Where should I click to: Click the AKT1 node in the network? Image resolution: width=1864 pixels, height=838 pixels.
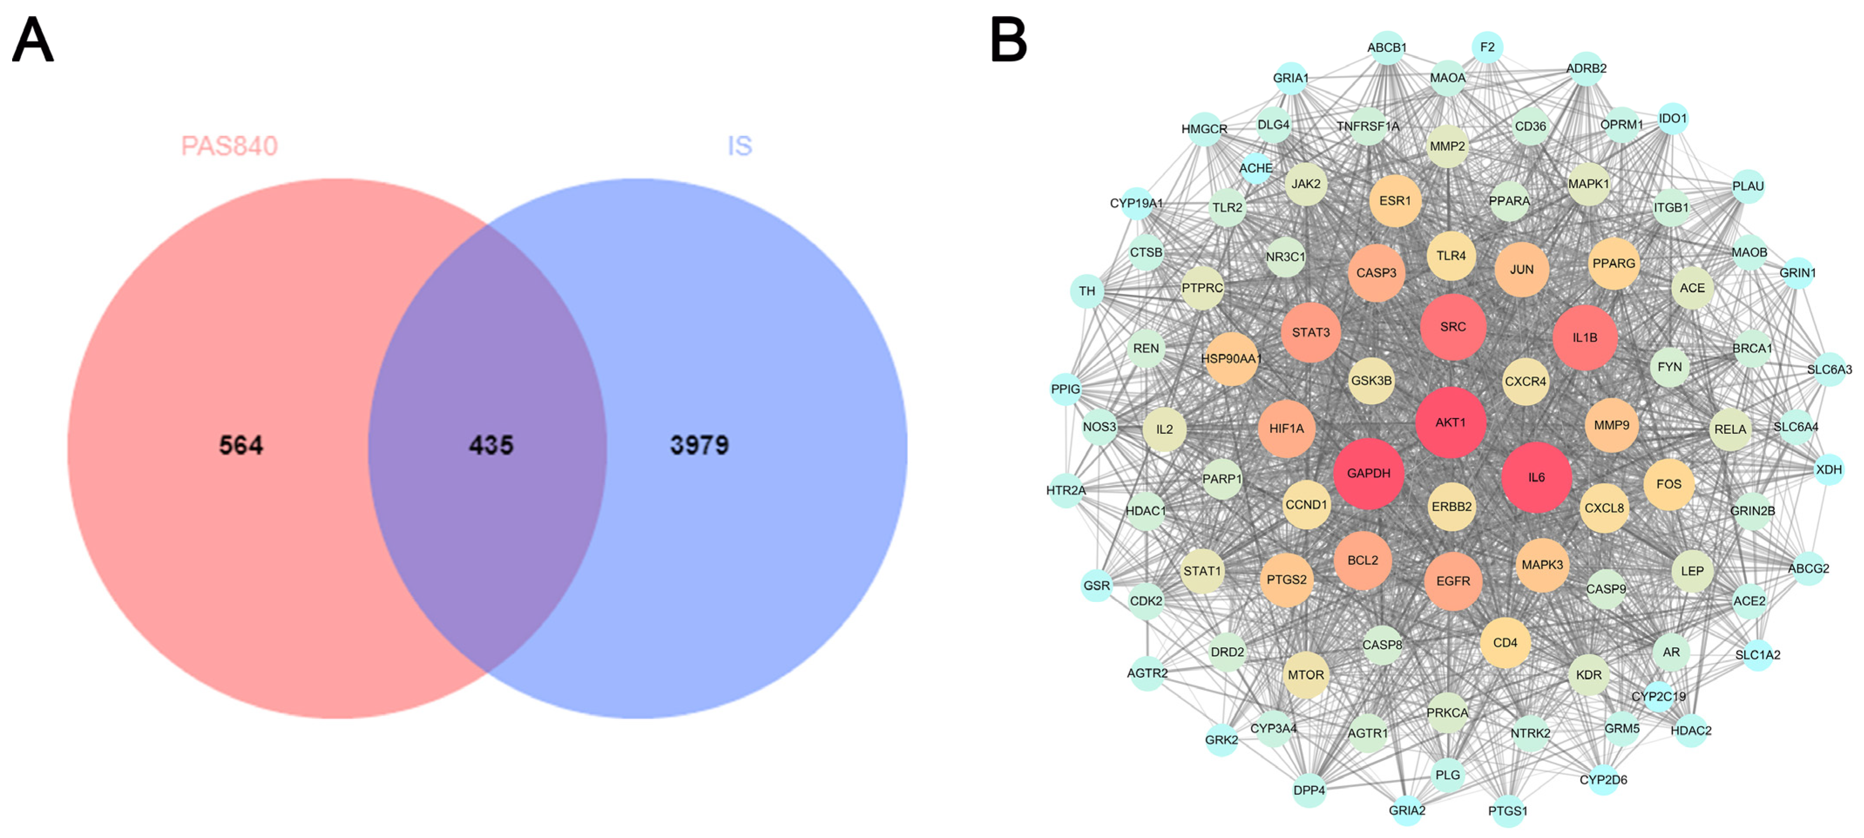(x=1450, y=422)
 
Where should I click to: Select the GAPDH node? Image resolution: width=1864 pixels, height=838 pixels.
(x=1368, y=473)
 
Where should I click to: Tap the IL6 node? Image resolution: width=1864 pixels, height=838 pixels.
(x=1536, y=478)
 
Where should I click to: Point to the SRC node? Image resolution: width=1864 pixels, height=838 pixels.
(x=1452, y=327)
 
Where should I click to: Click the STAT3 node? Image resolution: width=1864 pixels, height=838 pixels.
(x=1310, y=333)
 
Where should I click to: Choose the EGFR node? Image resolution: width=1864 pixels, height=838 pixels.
(x=1453, y=581)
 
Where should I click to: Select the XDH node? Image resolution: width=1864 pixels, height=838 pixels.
(x=1829, y=470)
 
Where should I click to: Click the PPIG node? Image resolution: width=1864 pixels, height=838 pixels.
(x=1065, y=389)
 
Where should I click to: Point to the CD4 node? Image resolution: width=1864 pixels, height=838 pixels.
(x=1505, y=642)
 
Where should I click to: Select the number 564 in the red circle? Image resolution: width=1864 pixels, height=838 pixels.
(x=241, y=445)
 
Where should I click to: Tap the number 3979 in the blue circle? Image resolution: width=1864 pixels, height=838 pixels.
(x=699, y=445)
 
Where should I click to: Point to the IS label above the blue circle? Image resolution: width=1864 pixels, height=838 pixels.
(x=740, y=146)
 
